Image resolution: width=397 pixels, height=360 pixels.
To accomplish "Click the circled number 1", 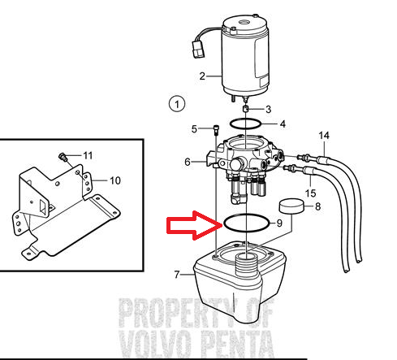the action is pyautogui.click(x=177, y=104).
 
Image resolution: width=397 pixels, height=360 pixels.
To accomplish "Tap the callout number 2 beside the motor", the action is pyautogui.click(x=202, y=76).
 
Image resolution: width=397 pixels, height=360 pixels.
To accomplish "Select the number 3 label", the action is pyautogui.click(x=268, y=109).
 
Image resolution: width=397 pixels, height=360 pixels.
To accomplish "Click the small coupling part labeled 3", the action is pyautogui.click(x=245, y=109).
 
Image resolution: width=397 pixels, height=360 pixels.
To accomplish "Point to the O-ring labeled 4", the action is pyautogui.click(x=245, y=119).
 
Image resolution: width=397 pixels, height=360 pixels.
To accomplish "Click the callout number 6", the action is pyautogui.click(x=188, y=162).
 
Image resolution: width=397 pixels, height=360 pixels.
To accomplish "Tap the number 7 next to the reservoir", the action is pyautogui.click(x=177, y=275).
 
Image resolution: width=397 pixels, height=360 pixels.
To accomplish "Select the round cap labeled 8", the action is pyautogui.click(x=291, y=206).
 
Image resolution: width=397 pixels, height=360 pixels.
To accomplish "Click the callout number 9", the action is pyautogui.click(x=279, y=223).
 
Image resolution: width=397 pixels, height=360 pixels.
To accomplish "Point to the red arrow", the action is pyautogui.click(x=195, y=225).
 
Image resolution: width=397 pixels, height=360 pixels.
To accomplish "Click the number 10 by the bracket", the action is pyautogui.click(x=115, y=180).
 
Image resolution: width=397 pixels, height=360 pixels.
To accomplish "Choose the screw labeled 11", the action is pyautogui.click(x=63, y=157).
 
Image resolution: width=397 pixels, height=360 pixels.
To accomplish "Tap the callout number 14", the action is pyautogui.click(x=324, y=135).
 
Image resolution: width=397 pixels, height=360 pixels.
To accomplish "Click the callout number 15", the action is pyautogui.click(x=310, y=193).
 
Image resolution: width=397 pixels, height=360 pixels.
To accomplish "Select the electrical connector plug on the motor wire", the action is pyautogui.click(x=198, y=50).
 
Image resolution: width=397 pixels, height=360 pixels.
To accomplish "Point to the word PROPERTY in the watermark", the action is pyautogui.click(x=179, y=311).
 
